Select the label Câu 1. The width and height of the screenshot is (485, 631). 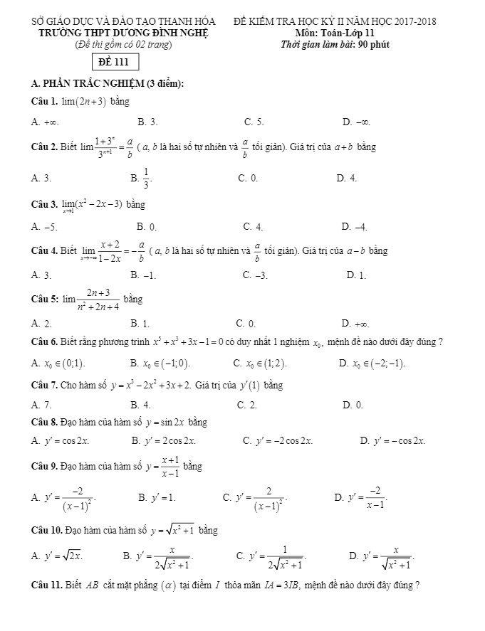[x=44, y=102]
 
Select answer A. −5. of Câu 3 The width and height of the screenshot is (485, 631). [x=44, y=227]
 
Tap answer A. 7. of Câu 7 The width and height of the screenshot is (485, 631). [x=41, y=405]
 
